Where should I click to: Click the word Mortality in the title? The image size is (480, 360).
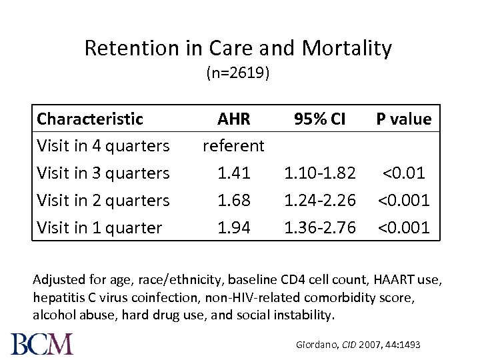347,48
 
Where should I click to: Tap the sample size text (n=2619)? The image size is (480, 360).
238,73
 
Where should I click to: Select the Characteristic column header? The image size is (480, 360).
90,119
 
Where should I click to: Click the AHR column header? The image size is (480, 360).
233,119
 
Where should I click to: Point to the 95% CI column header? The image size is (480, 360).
320,119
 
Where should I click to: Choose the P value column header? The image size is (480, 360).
403,119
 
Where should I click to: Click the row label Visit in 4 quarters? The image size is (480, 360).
103,145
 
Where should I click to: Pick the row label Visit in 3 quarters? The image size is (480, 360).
103,173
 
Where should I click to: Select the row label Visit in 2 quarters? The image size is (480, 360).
103,200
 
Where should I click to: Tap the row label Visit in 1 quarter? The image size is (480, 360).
99,227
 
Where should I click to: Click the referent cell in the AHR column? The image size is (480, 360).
233,145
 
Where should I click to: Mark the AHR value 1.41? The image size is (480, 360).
233,173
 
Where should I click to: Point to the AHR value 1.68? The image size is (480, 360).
233,200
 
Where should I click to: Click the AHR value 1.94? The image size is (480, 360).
233,227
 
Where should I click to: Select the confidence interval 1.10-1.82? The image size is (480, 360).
320,173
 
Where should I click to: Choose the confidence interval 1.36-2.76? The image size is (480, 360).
320,227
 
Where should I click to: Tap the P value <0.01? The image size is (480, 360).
403,173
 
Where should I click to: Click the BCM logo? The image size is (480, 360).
42,343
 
